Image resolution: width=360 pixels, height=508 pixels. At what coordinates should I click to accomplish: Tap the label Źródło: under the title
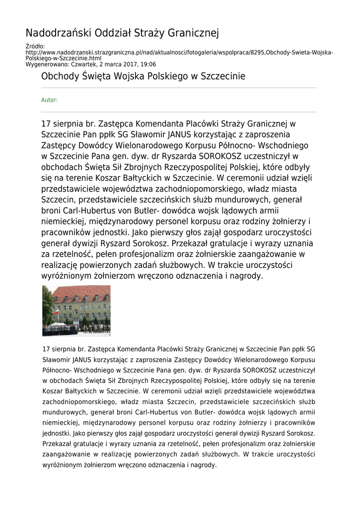click(x=35, y=47)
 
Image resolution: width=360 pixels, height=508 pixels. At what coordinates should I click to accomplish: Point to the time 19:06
click(x=148, y=64)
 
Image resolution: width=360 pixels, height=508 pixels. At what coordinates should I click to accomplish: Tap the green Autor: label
click(x=49, y=100)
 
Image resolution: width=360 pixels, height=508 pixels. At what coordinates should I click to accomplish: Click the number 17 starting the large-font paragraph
click(x=46, y=124)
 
